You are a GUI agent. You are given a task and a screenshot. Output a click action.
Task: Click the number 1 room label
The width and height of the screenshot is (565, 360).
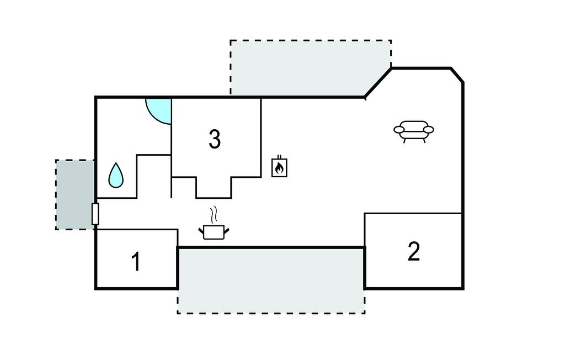point(135,262)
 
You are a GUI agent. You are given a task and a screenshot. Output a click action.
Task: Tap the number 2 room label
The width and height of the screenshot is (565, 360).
point(414,252)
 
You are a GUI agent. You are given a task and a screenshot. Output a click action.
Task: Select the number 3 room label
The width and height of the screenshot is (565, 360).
point(215,140)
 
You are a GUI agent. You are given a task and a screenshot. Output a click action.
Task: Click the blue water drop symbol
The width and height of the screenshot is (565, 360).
point(116,175)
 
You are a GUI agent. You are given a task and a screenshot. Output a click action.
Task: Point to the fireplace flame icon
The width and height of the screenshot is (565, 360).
point(279,168)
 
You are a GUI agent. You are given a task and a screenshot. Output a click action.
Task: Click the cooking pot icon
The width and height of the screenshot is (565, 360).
point(214,232)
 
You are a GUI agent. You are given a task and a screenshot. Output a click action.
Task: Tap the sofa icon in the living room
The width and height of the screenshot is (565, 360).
point(413,131)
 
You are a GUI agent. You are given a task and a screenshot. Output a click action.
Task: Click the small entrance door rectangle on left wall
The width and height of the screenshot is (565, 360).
point(95,214)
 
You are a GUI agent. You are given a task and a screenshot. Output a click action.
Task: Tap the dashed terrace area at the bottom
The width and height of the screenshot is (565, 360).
point(270,280)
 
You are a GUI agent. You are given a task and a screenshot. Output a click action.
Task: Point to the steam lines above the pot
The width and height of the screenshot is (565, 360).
point(215,214)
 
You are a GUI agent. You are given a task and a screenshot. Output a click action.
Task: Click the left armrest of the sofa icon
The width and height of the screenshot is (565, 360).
point(399,130)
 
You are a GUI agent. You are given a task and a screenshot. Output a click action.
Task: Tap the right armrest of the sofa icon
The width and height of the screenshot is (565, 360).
point(428,130)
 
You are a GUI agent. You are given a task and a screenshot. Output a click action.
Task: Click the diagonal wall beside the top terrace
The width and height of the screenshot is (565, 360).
point(378,83)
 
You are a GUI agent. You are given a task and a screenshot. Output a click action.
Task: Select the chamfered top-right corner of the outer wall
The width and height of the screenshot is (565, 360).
point(457,75)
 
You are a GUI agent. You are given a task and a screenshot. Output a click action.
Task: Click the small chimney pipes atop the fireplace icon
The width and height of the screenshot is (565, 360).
point(279,157)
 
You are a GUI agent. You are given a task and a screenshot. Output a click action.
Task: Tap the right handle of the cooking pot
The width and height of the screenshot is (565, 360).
point(226,229)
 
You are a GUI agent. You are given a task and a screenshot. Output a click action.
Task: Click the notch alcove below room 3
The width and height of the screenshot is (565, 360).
point(214,188)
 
